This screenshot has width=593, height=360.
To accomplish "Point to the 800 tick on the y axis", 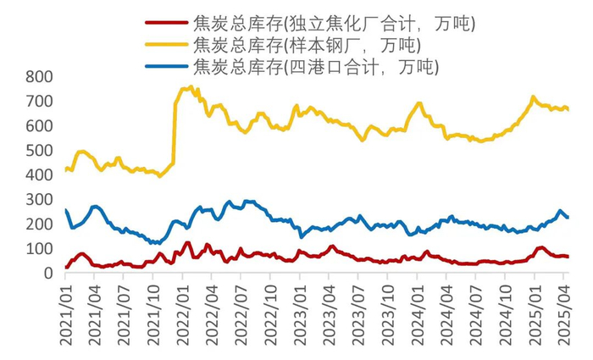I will [39, 77].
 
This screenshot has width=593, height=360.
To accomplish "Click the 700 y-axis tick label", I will [39, 102].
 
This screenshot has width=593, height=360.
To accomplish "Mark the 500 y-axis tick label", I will [39, 151].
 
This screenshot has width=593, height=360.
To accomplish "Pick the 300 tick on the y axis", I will [39, 200].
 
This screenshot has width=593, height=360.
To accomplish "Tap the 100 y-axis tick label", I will [39, 249].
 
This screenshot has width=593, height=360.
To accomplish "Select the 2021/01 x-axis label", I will [67, 313].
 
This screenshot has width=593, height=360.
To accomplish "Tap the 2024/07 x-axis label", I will [479, 313].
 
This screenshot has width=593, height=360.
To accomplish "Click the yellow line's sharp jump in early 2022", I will [175, 127].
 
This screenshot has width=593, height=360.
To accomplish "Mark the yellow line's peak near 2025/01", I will [533, 97].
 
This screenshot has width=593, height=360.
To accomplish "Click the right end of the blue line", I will [568, 218].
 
